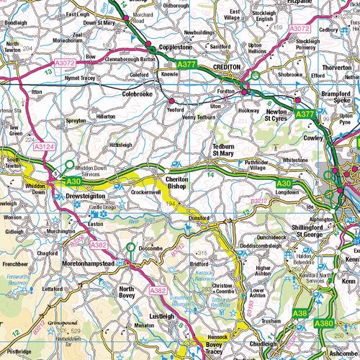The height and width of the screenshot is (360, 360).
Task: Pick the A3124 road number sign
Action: point(43,147)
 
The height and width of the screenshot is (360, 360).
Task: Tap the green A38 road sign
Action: point(301,313)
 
